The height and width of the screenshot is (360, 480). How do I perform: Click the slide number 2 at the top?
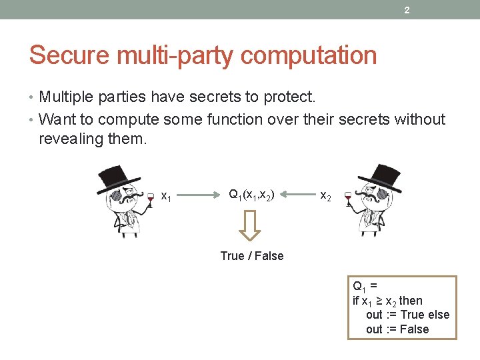[x=407, y=10]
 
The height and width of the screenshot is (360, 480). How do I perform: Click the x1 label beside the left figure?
[x=167, y=197]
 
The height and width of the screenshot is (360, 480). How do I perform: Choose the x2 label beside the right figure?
[x=326, y=196]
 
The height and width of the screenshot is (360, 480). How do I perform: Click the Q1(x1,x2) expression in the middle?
[x=250, y=195]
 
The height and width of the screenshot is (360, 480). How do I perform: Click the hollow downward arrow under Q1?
[x=250, y=225]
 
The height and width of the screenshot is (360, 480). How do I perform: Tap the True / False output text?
[x=251, y=256]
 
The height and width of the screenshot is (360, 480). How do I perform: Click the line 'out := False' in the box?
[x=397, y=329]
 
